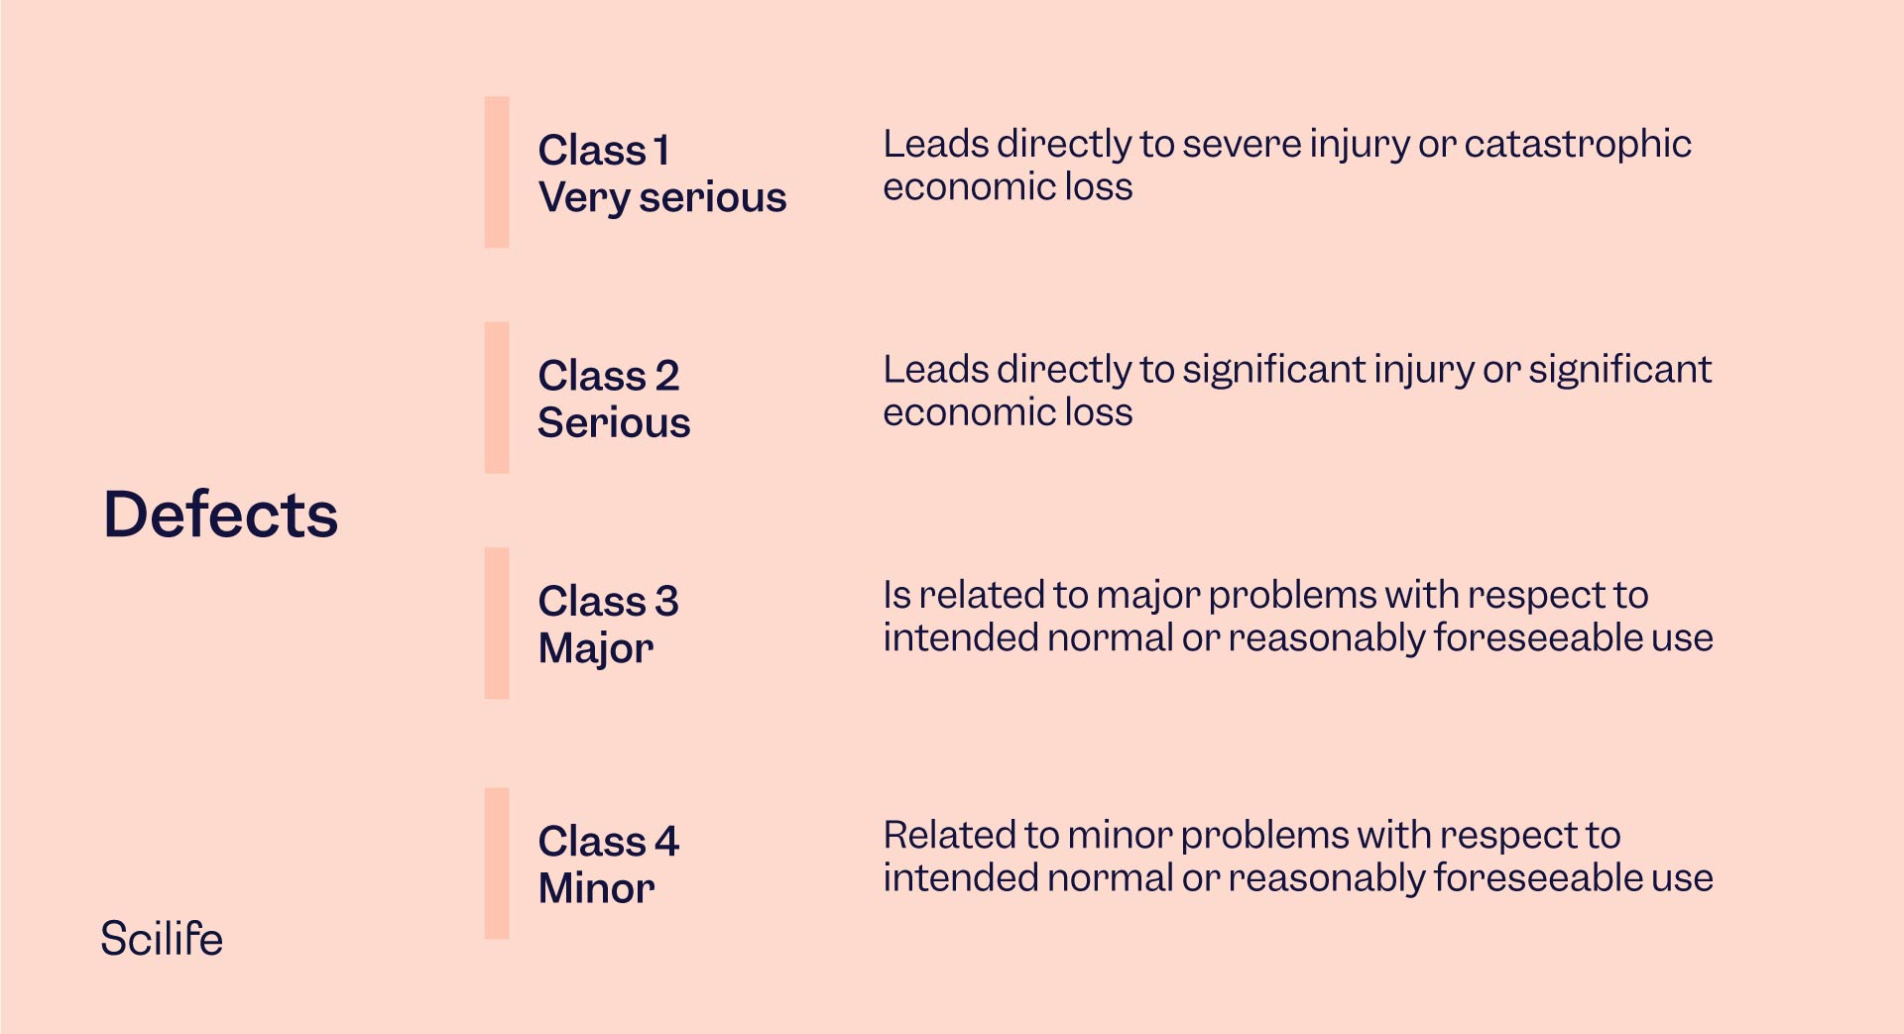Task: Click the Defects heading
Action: coord(220,515)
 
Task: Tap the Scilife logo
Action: coord(162,939)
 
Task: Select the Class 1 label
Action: coord(604,151)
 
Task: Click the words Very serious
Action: coord(662,198)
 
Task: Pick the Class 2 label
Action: coord(609,376)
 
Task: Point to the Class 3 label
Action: coord(609,601)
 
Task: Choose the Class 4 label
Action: coord(609,841)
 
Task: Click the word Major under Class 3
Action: coord(596,648)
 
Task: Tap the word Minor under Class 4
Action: coord(596,888)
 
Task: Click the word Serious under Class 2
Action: coord(614,423)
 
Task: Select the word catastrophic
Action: coord(1577,144)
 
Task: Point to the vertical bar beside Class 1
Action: coord(497,172)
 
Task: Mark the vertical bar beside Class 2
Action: coord(497,398)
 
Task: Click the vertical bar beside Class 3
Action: coord(497,623)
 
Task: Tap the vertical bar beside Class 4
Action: coord(497,862)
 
